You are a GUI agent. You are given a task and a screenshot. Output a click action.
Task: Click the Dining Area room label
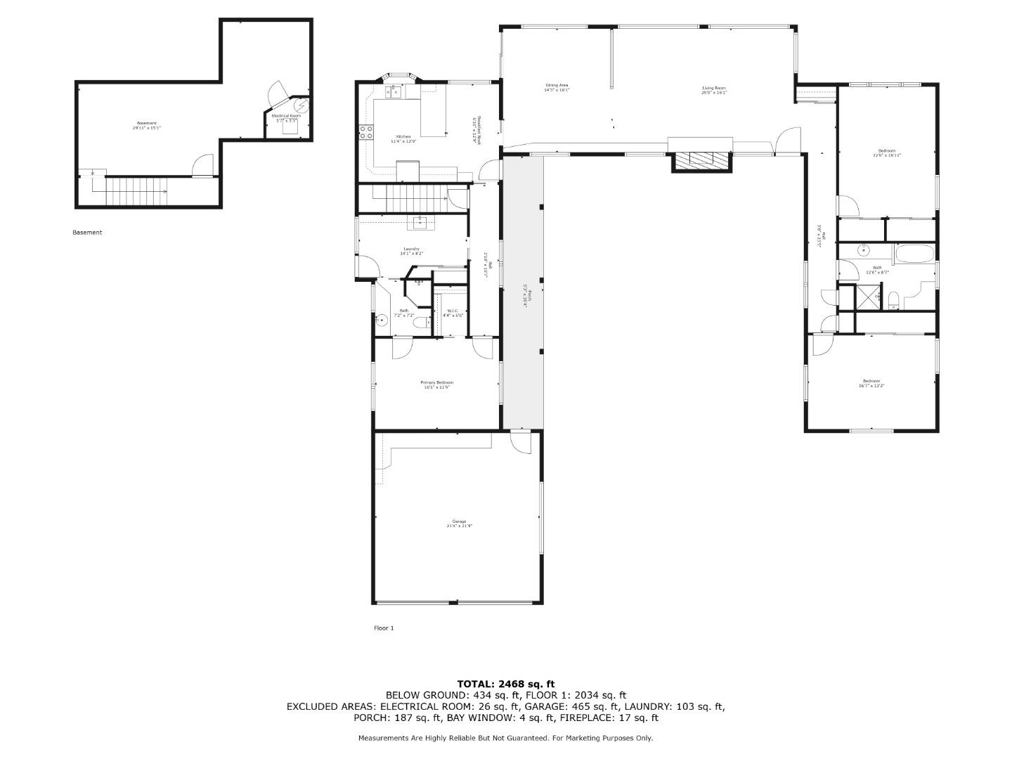[x=556, y=86]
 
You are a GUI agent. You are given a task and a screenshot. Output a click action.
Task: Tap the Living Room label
[x=713, y=89]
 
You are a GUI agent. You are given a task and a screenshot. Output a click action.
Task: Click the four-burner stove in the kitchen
[x=366, y=131]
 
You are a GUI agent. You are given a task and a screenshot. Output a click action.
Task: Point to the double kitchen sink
[x=391, y=91]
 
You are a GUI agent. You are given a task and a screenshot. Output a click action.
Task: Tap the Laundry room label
[x=412, y=249]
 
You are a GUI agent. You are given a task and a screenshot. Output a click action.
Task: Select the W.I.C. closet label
[x=453, y=311]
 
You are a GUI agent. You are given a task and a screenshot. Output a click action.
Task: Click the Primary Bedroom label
[x=436, y=383]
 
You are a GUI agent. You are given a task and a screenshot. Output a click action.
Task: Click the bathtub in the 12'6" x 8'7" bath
[x=914, y=253]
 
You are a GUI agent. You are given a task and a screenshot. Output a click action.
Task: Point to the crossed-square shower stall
[x=867, y=297]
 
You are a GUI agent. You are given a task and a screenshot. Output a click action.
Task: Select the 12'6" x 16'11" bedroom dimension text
[x=886, y=155]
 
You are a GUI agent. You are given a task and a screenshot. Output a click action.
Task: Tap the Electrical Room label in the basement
[x=286, y=116]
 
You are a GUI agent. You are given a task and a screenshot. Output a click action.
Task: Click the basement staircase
[x=136, y=191]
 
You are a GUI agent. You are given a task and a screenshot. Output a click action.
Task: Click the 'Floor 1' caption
[x=384, y=628]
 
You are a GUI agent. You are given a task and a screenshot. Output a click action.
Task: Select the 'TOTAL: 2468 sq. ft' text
[x=505, y=684]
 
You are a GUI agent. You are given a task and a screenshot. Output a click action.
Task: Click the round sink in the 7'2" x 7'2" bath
[x=382, y=320]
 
